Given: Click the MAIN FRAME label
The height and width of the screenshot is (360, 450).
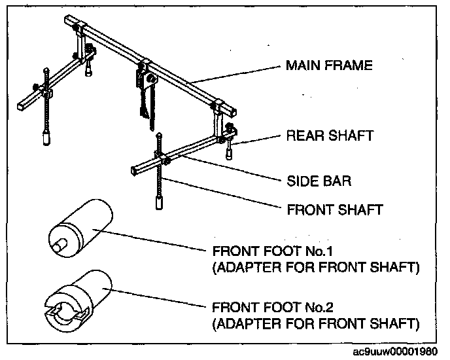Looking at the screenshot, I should click(x=328, y=65).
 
